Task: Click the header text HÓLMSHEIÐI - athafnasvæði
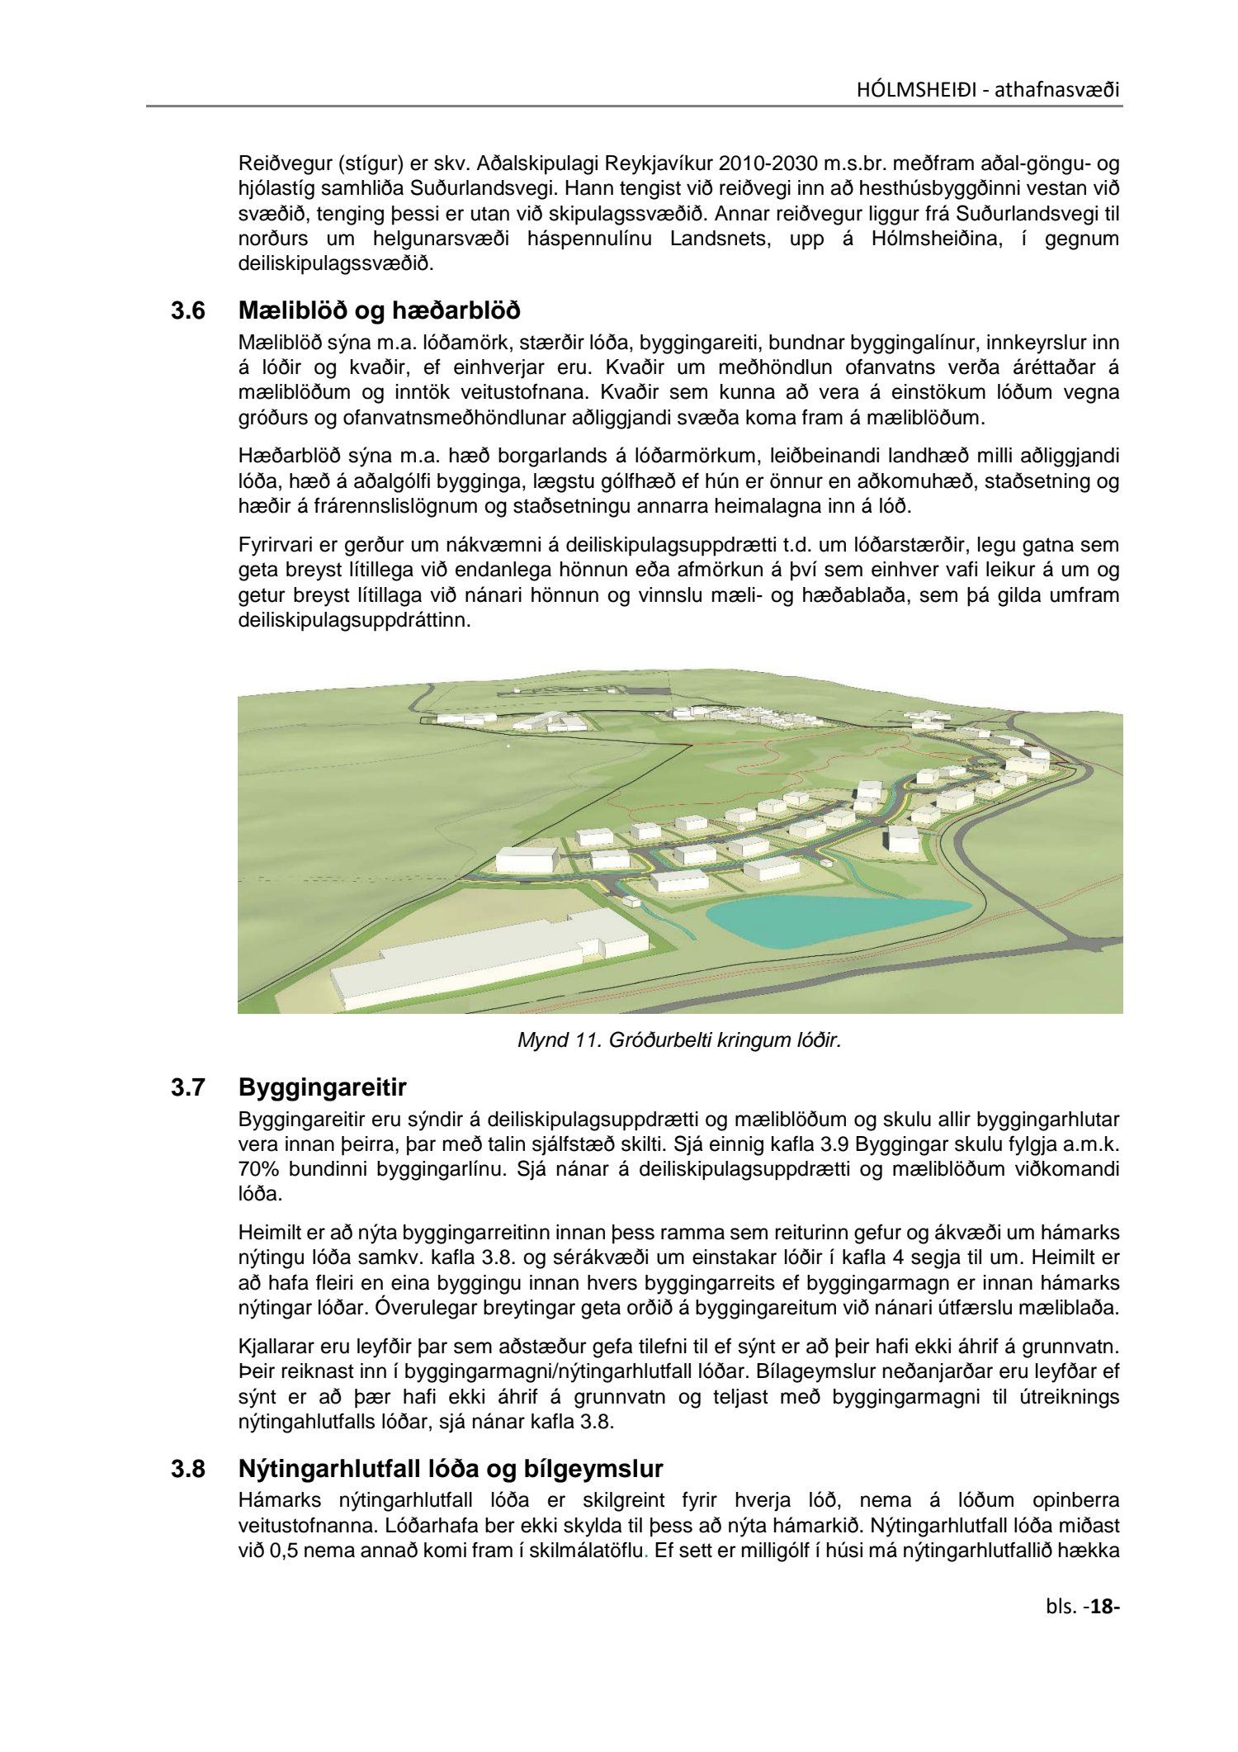[988, 89]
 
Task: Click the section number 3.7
[187, 1088]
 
